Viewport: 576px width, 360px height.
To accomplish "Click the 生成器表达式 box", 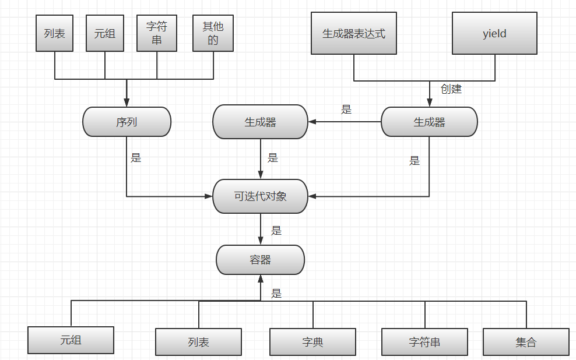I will [354, 33].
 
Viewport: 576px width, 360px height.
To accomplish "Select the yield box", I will [494, 33].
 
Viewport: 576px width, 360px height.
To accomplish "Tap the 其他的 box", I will [213, 33].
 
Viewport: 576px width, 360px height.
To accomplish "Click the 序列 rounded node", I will [127, 122].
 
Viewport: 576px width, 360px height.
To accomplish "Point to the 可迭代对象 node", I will [260, 196].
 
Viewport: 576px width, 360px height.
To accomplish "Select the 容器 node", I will [260, 260].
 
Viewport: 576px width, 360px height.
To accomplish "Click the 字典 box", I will [312, 342].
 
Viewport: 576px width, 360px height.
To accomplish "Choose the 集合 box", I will [526, 342].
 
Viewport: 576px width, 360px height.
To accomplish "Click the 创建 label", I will [451, 89].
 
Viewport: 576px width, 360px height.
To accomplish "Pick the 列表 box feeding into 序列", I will [55, 33].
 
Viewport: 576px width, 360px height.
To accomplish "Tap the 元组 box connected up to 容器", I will [71, 340].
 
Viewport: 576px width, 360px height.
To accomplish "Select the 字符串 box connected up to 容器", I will [424, 342].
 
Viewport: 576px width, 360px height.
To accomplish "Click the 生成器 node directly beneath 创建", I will [429, 122].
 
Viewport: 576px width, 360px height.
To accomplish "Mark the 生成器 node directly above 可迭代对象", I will [260, 122].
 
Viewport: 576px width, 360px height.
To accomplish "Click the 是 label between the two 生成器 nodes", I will [346, 109].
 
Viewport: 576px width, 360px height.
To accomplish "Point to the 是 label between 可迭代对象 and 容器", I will [276, 230].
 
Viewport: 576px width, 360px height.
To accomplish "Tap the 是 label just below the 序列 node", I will [136, 157].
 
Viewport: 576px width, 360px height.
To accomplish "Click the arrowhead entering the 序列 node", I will [127, 103].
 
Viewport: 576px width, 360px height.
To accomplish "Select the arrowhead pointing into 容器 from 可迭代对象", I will [260, 240].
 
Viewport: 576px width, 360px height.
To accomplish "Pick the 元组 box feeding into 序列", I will [105, 33].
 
